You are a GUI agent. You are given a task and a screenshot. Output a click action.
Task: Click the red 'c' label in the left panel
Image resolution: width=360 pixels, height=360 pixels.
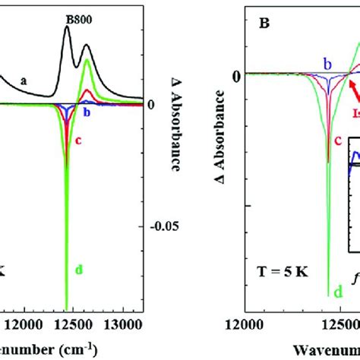[78, 140]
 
